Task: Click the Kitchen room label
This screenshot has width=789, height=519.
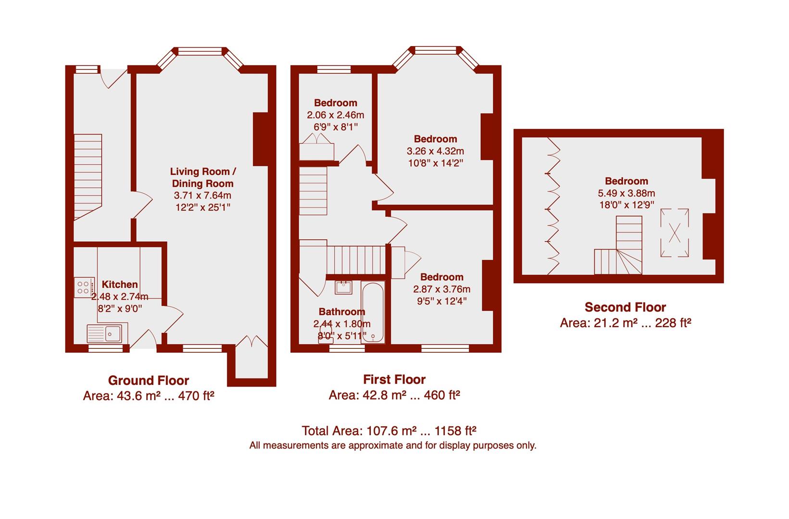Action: [x=120, y=284]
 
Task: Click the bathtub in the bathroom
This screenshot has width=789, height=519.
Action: [x=373, y=313]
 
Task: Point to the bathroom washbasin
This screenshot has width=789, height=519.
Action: [x=343, y=287]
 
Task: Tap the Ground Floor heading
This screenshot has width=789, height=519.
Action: [x=149, y=381]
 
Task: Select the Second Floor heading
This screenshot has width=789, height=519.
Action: [x=625, y=307]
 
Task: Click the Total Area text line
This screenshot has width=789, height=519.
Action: [x=389, y=430]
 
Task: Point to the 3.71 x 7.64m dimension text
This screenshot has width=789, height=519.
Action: [x=202, y=196]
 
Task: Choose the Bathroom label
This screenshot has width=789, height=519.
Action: [x=342, y=312]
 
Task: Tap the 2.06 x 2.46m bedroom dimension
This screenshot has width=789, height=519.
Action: [x=336, y=115]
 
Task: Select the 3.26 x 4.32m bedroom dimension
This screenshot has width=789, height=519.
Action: [x=435, y=151]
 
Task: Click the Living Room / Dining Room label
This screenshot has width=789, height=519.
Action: [x=203, y=177]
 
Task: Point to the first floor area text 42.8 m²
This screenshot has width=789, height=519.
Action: [x=394, y=395]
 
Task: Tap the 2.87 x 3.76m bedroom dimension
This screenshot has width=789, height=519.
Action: [x=441, y=289]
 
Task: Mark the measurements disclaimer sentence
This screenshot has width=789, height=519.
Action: [x=392, y=445]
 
